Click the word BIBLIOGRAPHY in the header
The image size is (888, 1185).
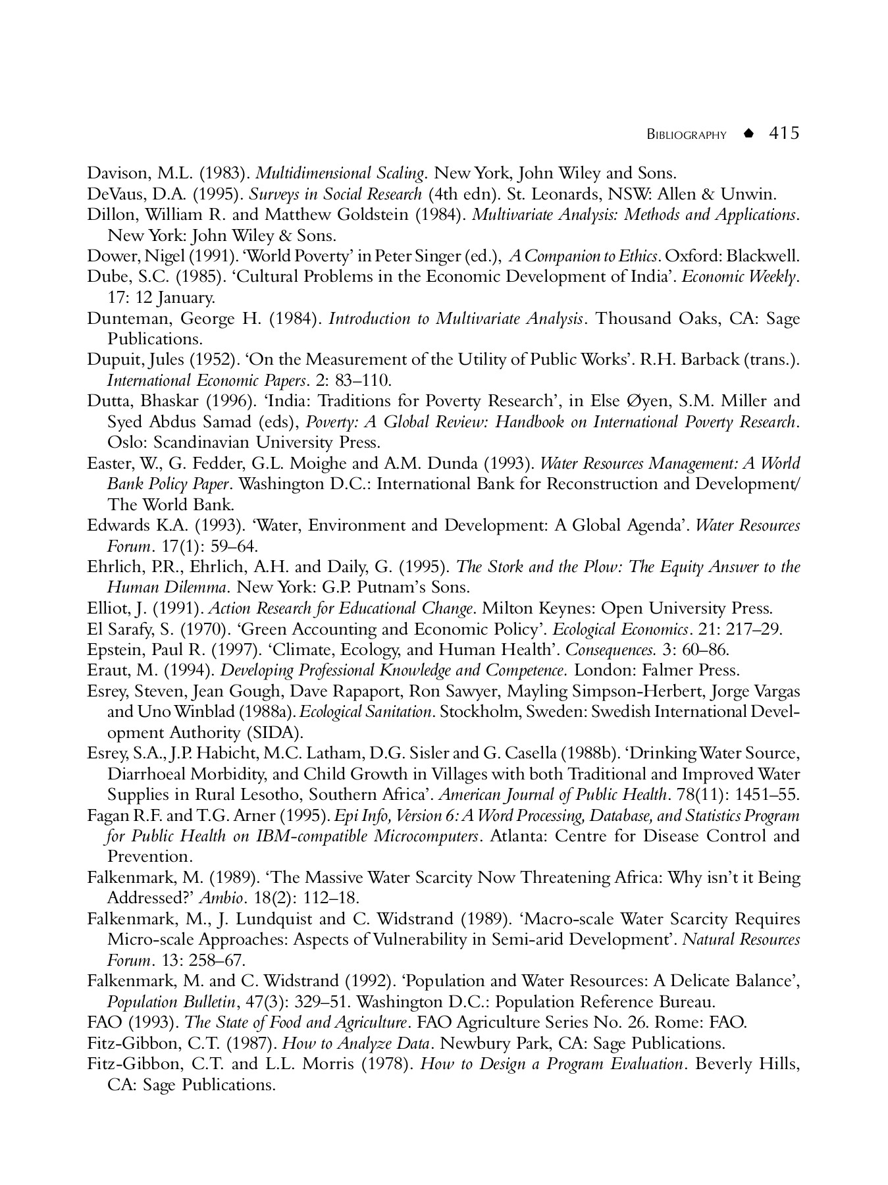click(x=687, y=135)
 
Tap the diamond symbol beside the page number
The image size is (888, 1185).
click(x=747, y=134)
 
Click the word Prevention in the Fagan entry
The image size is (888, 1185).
click(x=149, y=856)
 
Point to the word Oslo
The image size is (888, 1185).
click(x=125, y=442)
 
